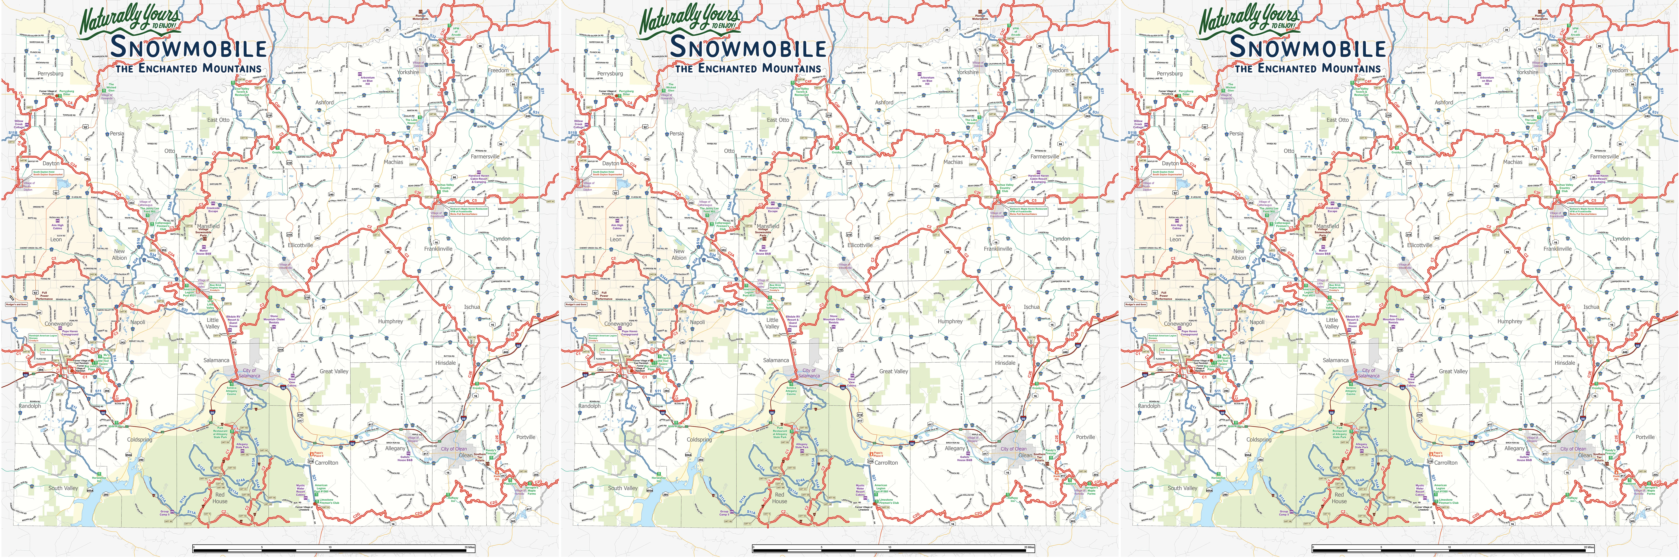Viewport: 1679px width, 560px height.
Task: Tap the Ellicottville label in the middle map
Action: coord(860,245)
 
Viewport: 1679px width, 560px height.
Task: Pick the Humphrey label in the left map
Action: coord(391,321)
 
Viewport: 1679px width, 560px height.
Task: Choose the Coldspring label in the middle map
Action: coord(699,440)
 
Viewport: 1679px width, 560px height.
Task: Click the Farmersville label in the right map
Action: coord(1604,157)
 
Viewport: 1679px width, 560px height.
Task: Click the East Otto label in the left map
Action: coord(218,120)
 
